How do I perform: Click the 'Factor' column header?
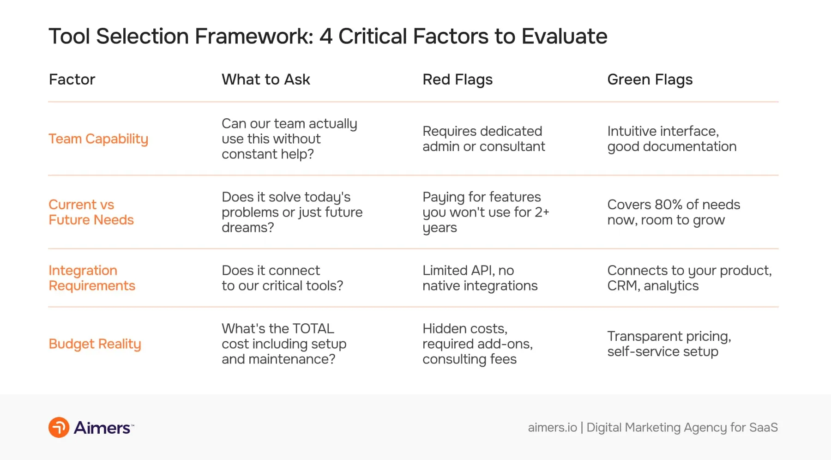pos(72,79)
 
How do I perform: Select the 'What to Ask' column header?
pos(265,79)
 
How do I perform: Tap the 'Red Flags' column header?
pos(457,79)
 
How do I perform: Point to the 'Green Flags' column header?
pos(650,79)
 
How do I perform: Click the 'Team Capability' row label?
pos(98,139)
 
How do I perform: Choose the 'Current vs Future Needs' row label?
pos(91,212)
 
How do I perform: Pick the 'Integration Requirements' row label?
pos(92,278)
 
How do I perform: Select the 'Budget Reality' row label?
pos(95,344)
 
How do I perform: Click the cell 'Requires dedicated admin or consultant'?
pos(483,139)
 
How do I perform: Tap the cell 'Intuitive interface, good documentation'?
pos(671,139)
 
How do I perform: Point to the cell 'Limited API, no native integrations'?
pos(480,278)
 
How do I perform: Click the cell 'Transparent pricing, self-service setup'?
pos(669,344)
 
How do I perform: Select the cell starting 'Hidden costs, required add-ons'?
pos(477,344)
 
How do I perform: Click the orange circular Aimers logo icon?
pos(59,427)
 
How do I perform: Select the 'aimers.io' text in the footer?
pos(552,427)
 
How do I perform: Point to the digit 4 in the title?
pos(326,36)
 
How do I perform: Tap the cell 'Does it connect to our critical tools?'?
pos(282,278)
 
